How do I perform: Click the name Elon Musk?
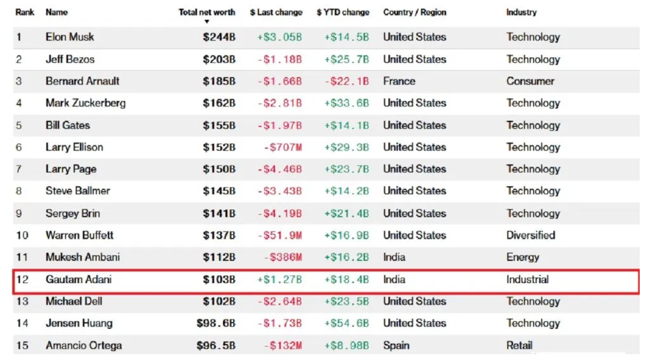pos(70,37)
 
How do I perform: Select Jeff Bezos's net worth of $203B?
pos(219,59)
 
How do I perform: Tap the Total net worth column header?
pos(207,12)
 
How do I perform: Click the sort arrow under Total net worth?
pos(207,22)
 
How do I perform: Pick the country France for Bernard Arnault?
pos(399,81)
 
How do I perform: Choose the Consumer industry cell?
pos(530,81)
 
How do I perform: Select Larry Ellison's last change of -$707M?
pos(283,147)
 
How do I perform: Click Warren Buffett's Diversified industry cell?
pos(530,235)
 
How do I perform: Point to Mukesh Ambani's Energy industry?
pos(522,257)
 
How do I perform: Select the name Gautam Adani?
pos(79,279)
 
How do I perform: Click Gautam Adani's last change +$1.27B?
pos(280,279)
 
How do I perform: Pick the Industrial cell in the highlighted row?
pos(527,279)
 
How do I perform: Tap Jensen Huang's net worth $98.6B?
pos(216,323)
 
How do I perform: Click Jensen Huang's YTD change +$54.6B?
pos(346,323)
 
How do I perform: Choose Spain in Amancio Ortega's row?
pos(396,346)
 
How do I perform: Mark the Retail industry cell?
pos(519,346)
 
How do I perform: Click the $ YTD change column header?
pos(343,12)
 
